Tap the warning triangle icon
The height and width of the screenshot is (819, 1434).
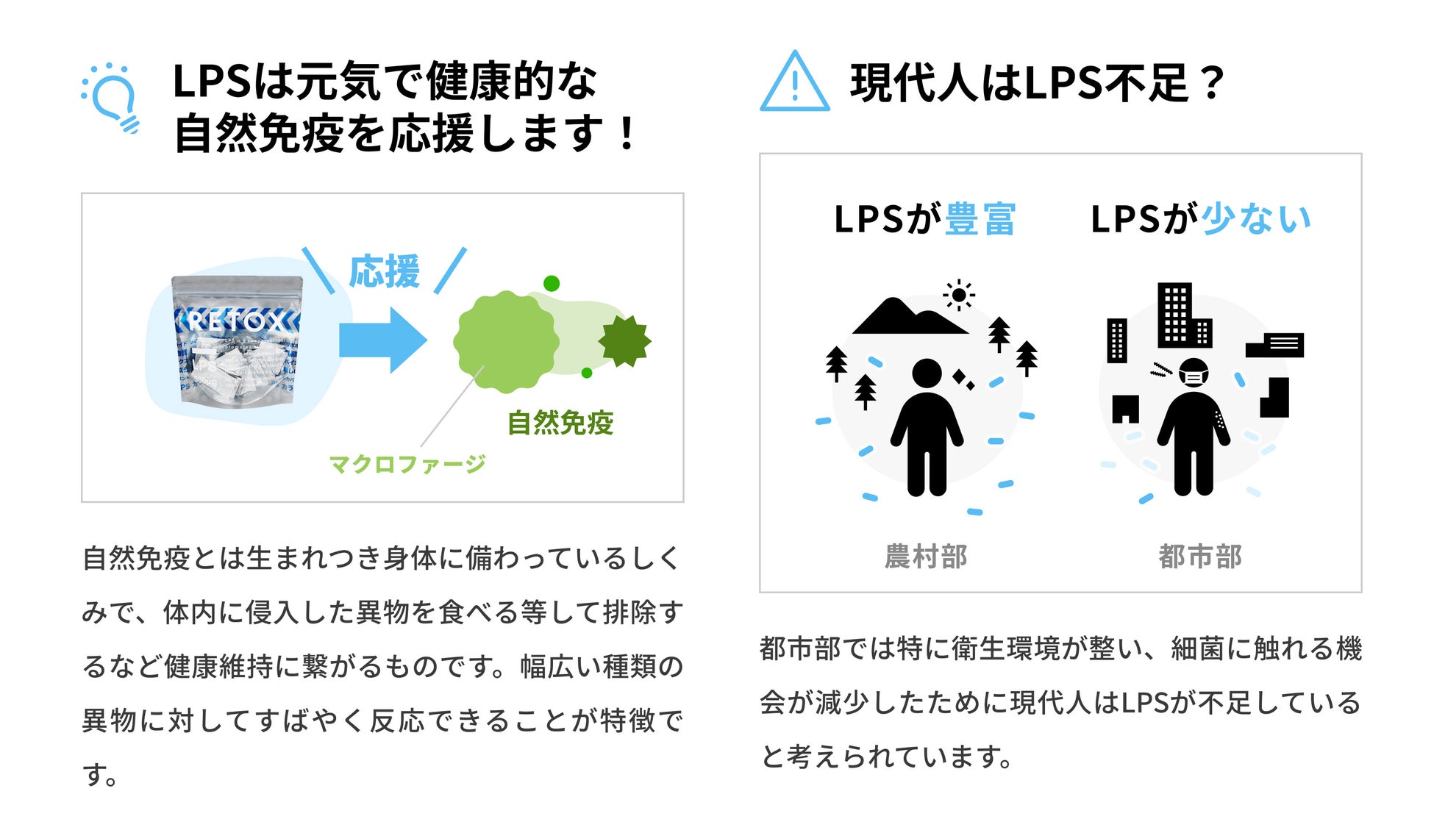(x=794, y=82)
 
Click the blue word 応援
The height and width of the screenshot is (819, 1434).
(x=384, y=271)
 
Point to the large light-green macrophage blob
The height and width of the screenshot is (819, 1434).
(x=506, y=341)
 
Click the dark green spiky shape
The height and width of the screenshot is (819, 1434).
(x=624, y=340)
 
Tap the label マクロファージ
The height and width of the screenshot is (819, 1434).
(x=407, y=464)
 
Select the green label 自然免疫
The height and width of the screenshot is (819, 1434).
(x=560, y=423)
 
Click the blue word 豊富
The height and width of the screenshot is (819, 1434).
(x=980, y=219)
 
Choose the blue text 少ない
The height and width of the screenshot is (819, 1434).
(x=1256, y=219)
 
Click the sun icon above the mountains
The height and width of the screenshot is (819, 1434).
(x=959, y=296)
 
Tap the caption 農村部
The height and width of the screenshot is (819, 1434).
(x=926, y=557)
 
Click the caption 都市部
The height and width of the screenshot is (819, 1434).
(x=1200, y=557)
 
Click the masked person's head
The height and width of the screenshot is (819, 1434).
(x=1194, y=373)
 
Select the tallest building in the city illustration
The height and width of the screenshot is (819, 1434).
(x=1174, y=314)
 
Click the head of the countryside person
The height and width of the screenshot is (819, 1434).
(x=927, y=373)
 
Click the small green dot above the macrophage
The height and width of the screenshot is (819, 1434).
(x=552, y=283)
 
